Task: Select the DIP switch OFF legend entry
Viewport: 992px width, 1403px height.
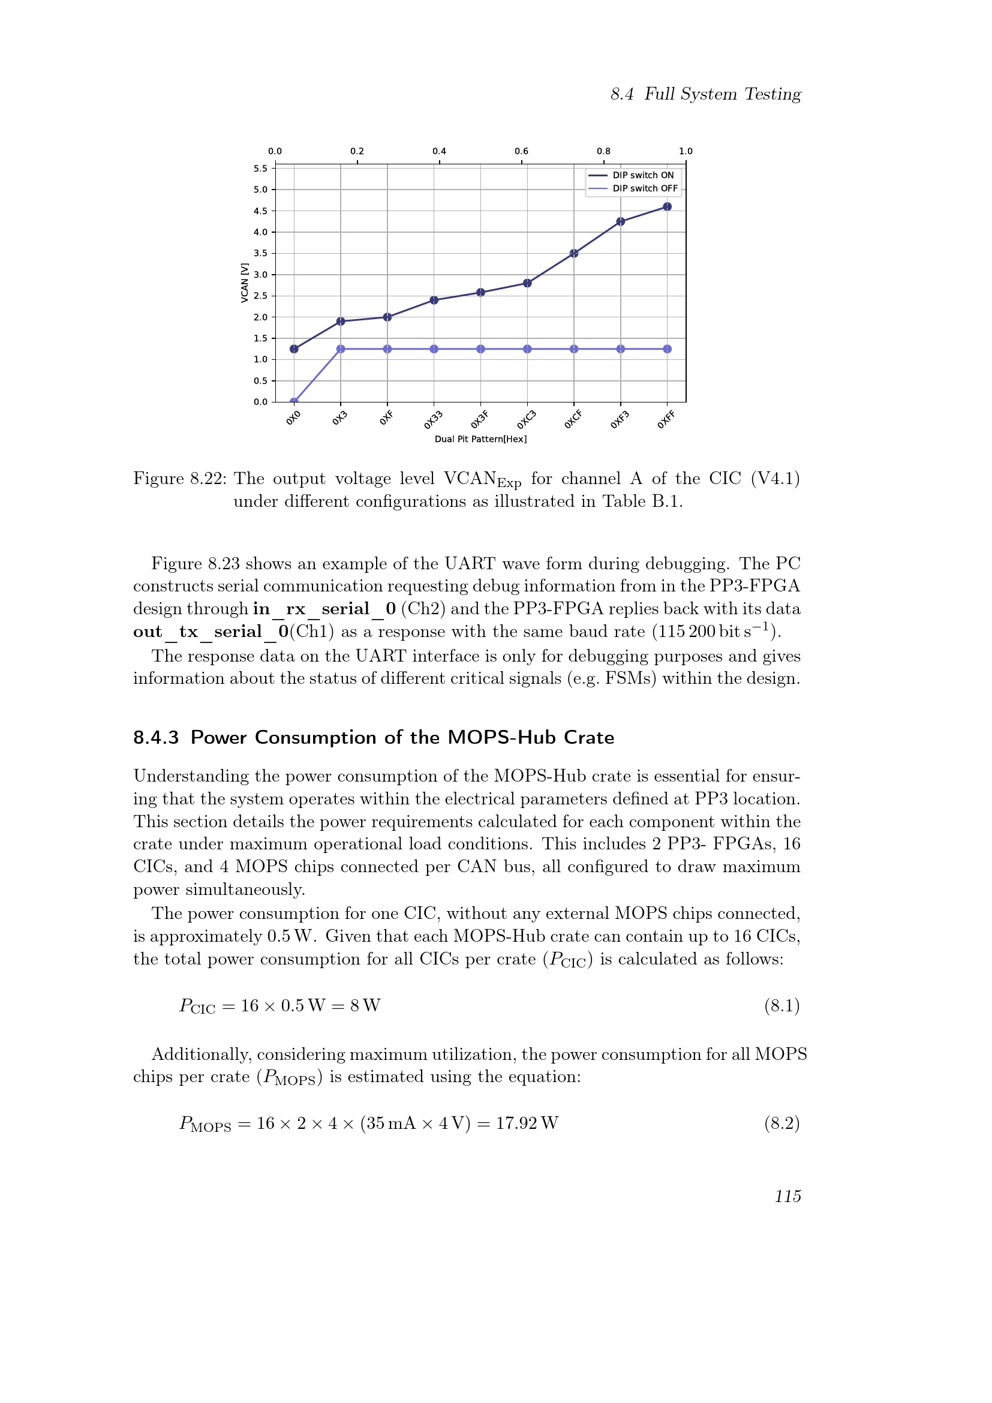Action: coord(644,189)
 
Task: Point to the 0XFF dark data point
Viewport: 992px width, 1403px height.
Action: coord(667,206)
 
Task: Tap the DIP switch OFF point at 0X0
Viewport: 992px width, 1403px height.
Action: coord(294,401)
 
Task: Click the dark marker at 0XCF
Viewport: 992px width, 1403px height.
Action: coord(573,254)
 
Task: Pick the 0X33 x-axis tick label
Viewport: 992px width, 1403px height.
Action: coord(433,420)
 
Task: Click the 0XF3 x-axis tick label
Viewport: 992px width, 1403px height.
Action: coord(620,420)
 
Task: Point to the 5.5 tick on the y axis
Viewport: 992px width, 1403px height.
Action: coord(261,169)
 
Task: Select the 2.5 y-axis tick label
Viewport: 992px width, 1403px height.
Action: coord(261,296)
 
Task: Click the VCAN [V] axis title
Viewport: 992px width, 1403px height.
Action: coord(245,283)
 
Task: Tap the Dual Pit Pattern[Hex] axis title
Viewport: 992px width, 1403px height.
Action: coord(480,439)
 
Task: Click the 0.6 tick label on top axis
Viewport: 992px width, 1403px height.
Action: coord(521,151)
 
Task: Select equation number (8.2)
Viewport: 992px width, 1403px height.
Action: coord(781,1123)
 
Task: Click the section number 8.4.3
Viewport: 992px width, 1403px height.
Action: coord(156,738)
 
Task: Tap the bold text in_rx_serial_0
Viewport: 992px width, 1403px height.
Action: coord(324,609)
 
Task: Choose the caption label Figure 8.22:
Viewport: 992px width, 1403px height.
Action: coord(179,479)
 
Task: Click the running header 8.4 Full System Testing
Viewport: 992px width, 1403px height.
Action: coord(705,94)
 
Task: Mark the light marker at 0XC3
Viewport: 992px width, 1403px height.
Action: coord(527,349)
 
